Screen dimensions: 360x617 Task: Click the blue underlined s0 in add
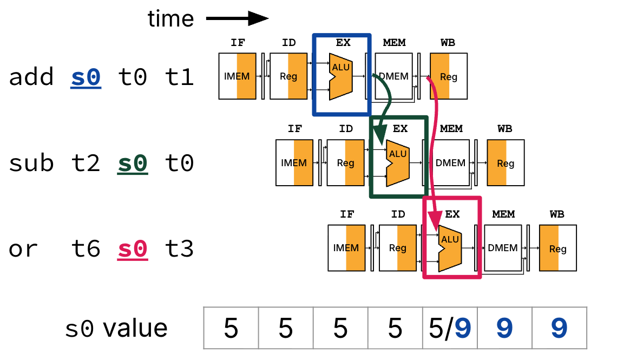point(86,78)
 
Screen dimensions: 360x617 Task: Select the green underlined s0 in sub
point(133,163)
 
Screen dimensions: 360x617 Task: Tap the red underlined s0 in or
point(133,250)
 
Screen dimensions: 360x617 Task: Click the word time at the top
point(170,19)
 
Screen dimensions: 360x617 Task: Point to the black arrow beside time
point(237,19)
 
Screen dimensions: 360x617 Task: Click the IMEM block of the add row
point(237,76)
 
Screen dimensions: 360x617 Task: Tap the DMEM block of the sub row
point(451,163)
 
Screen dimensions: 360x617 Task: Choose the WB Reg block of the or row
point(557,248)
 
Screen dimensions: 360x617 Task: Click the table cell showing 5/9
point(450,328)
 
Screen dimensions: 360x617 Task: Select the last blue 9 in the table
point(559,328)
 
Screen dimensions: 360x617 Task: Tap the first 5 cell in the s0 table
point(231,328)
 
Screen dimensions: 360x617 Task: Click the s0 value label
point(116,329)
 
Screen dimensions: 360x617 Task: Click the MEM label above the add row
point(394,43)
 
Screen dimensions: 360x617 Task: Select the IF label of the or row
point(347,214)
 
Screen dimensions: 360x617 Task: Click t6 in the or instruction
point(86,250)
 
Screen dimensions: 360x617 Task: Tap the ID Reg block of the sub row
point(345,163)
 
